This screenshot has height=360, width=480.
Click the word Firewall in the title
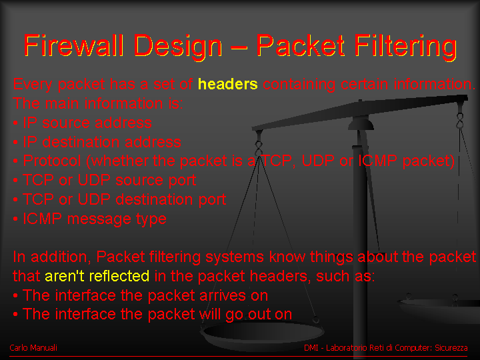[x=74, y=45]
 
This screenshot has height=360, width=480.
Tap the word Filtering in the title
[x=406, y=47]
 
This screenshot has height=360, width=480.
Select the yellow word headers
[x=228, y=84]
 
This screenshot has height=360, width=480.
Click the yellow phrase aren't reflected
[x=97, y=276]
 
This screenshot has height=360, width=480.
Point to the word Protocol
[x=52, y=161]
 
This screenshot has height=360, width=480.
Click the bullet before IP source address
[x=15, y=123]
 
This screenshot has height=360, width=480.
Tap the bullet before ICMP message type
[x=15, y=219]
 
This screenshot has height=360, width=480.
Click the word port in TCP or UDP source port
[x=182, y=181]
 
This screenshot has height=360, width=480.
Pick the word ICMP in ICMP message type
[x=42, y=219]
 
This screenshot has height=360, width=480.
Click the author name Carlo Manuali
[x=33, y=348]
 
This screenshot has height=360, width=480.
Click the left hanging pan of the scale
[x=263, y=335]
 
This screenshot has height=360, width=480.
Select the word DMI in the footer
[x=311, y=348]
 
